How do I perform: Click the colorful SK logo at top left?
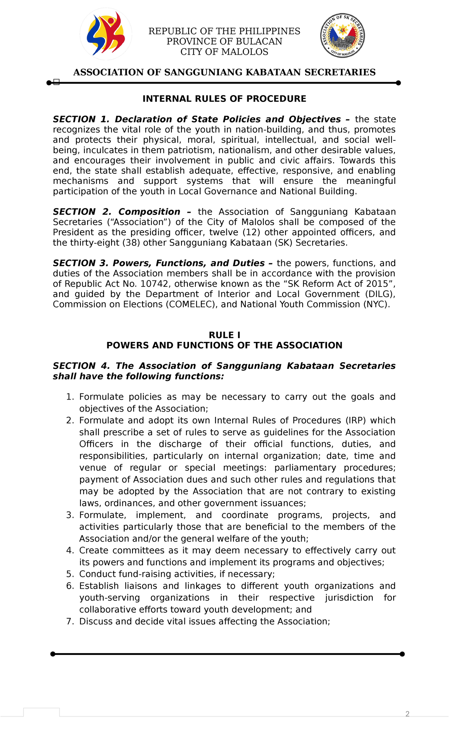click(106, 34)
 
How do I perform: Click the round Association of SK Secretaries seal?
click(342, 36)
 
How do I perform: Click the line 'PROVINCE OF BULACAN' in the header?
click(224, 41)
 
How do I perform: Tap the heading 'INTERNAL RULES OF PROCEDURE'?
click(224, 99)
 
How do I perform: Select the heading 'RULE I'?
click(224, 335)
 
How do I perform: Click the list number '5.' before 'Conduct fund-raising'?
click(70, 574)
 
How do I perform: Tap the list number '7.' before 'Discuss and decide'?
click(70, 622)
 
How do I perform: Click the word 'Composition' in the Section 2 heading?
click(149, 212)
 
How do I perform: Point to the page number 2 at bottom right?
click(407, 714)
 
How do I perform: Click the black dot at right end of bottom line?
click(402, 654)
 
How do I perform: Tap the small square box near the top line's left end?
click(56, 82)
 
